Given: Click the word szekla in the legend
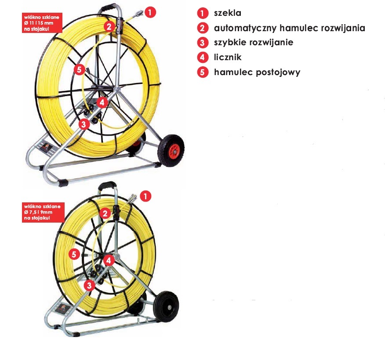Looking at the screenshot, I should pyautogui.click(x=228, y=13).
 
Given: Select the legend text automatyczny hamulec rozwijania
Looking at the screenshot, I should pyautogui.click(x=290, y=28).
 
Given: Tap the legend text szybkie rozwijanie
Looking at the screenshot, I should pyautogui.click(x=254, y=43).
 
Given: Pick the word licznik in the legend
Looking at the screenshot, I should pyautogui.click(x=228, y=57).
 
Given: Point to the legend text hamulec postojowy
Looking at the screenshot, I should pyautogui.click(x=257, y=72).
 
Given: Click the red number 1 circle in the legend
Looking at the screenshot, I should pyautogui.click(x=203, y=13).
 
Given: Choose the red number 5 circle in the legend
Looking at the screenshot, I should pyautogui.click(x=203, y=72).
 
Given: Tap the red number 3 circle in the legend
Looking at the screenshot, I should pyautogui.click(x=203, y=43).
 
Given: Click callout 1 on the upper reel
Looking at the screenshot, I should pyautogui.click(x=150, y=12).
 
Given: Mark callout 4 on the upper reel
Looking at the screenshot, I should pyautogui.click(x=102, y=103).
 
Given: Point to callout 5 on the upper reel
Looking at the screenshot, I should pyautogui.click(x=79, y=69).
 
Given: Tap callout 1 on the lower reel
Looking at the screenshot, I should pyautogui.click(x=146, y=194).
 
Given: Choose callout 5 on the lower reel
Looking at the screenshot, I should pyautogui.click(x=75, y=253).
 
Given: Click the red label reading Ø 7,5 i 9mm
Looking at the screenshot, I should pyautogui.click(x=43, y=212).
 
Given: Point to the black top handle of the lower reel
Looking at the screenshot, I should pyautogui.click(x=106, y=185).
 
